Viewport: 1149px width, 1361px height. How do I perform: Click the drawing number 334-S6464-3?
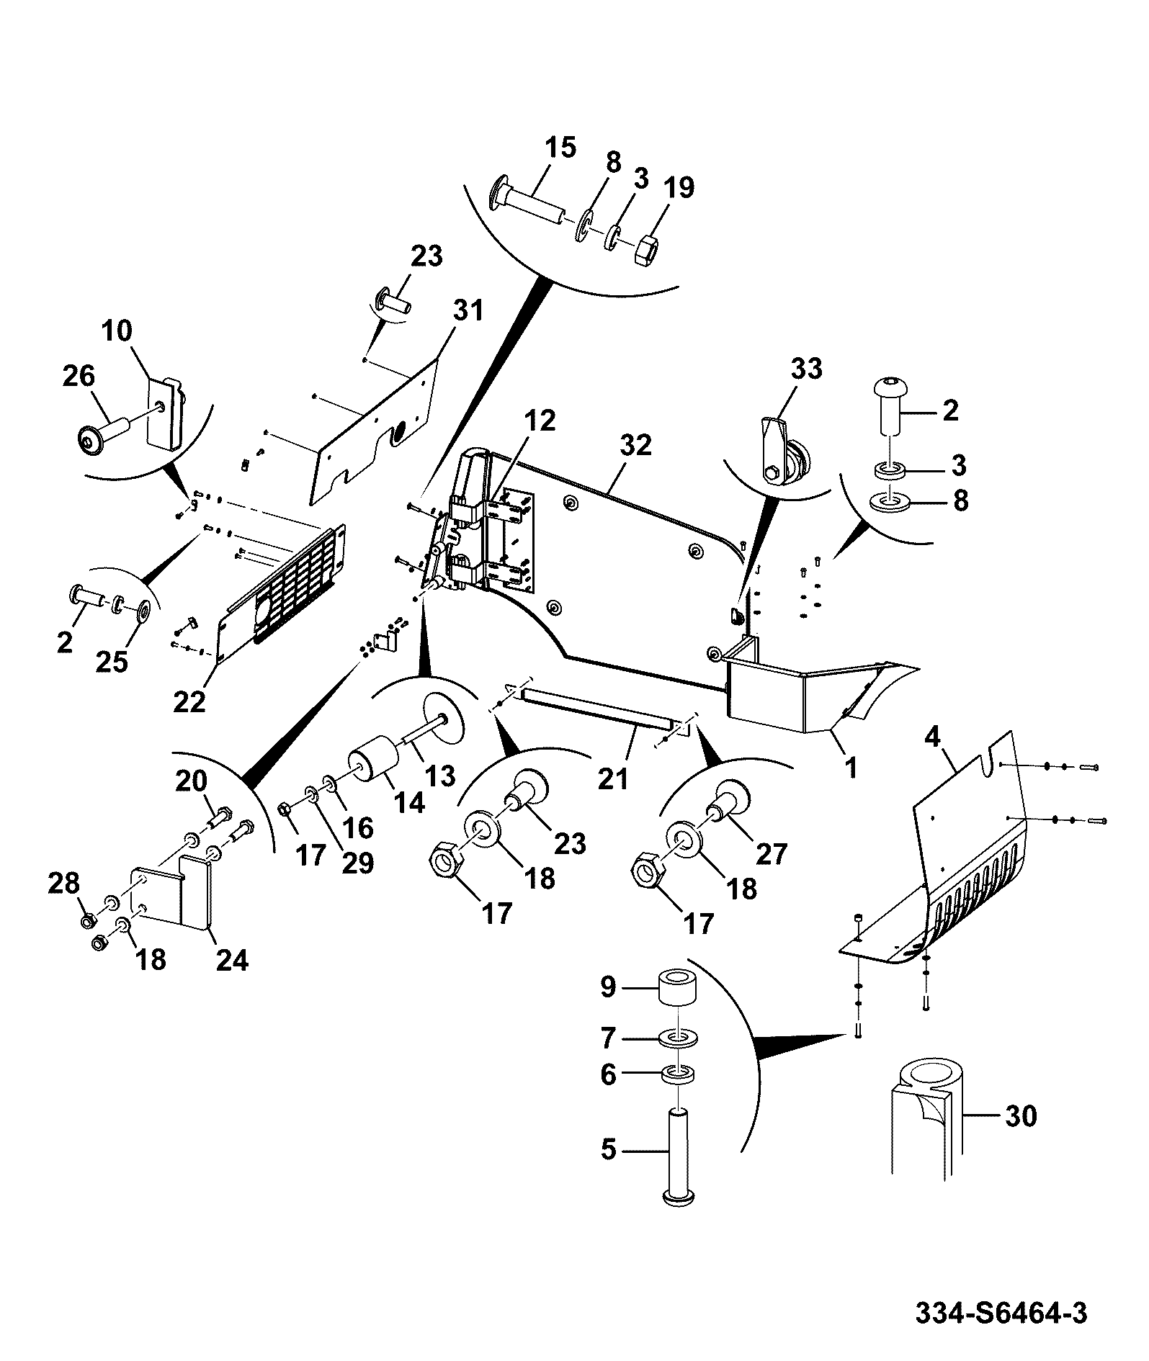pos(1001,1312)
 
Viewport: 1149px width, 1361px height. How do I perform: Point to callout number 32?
pos(635,445)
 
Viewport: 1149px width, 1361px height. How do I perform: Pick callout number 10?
pos(117,331)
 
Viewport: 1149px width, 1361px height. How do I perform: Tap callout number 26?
pos(78,376)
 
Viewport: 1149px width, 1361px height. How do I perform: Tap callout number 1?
pos(851,768)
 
